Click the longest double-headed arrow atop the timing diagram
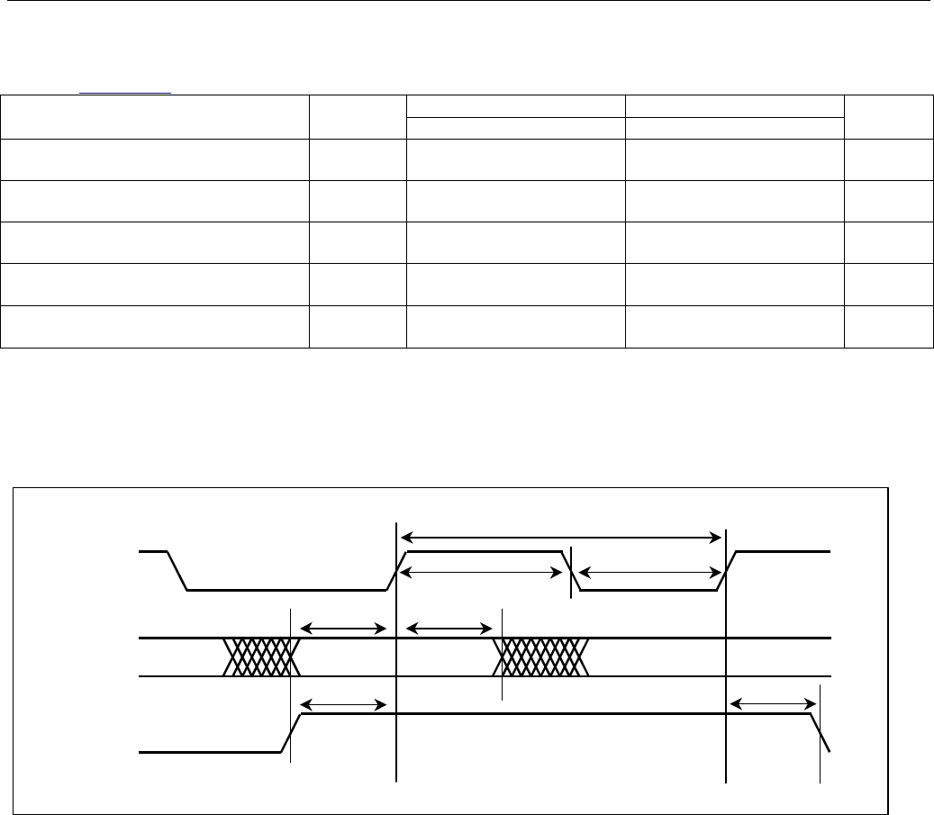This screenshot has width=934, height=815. pyautogui.click(x=560, y=538)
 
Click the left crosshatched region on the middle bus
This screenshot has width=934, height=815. pyautogui.click(x=260, y=657)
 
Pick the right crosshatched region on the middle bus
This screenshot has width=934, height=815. pyautogui.click(x=542, y=657)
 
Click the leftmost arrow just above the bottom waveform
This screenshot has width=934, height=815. pyautogui.click(x=342, y=703)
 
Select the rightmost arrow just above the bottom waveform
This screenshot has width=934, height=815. pyautogui.click(x=772, y=703)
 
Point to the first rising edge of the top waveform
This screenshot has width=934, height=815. pyautogui.click(x=397, y=570)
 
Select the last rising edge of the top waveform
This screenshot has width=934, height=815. pyautogui.click(x=728, y=570)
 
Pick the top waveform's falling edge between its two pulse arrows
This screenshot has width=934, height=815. pyautogui.click(x=571, y=570)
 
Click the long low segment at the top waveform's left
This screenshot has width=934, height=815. pyautogui.click(x=286, y=590)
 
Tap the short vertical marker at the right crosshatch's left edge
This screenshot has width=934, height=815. pyautogui.click(x=502, y=654)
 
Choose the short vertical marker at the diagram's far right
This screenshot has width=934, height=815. pyautogui.click(x=821, y=733)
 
